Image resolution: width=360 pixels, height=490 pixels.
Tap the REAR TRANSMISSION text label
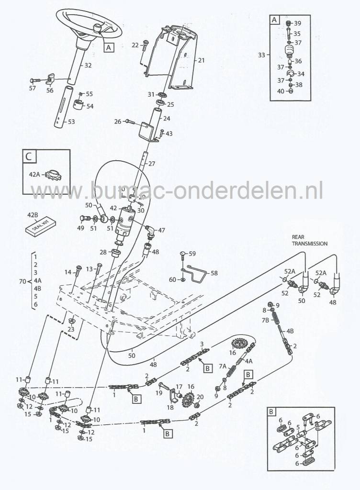[310, 240]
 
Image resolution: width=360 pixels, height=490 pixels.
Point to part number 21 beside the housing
[201, 60]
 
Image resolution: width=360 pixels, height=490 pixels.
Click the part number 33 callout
[261, 55]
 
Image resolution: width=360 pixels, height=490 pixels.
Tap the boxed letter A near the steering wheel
[109, 47]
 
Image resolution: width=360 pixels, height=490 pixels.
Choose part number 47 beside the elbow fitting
[161, 230]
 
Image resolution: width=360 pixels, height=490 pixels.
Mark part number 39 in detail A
[297, 23]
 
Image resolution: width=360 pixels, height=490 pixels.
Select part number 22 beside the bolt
[135, 45]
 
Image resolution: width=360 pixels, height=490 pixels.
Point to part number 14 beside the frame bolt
[67, 272]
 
